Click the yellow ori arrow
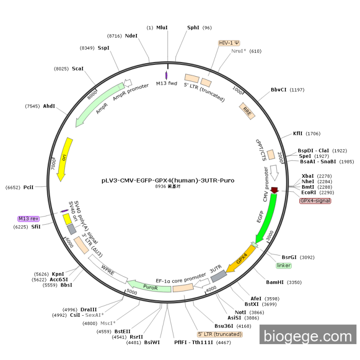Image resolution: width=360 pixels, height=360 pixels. (x=65, y=159)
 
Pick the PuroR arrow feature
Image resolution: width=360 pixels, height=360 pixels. (x=150, y=286)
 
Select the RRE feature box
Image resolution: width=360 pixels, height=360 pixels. (x=247, y=111)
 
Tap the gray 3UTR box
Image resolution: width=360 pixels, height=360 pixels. (x=218, y=275)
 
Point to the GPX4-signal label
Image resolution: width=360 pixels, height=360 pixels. (x=315, y=201)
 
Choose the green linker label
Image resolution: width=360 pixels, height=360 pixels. (x=283, y=265)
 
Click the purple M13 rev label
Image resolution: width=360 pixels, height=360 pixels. (x=28, y=219)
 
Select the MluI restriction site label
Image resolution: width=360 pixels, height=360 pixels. (x=162, y=28)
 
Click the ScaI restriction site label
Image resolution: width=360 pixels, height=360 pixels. (x=78, y=68)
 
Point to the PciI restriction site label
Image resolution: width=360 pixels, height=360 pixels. (x=28, y=188)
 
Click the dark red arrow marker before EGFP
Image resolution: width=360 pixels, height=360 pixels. (x=275, y=190)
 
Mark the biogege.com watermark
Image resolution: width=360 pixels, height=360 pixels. (x=308, y=336)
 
